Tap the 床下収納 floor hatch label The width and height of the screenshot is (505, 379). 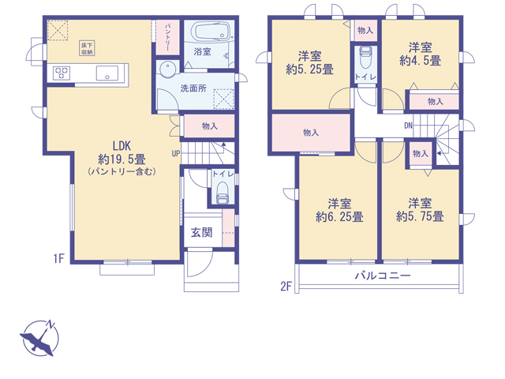[x=87, y=48]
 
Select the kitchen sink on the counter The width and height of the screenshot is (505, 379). [x=107, y=73]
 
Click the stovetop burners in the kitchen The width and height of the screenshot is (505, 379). [x=62, y=73]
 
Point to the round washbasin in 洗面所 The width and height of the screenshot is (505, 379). [x=167, y=69]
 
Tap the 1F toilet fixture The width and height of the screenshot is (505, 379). [x=223, y=193]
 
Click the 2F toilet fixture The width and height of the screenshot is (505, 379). [x=365, y=58]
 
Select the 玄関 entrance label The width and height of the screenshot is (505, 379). [x=202, y=232]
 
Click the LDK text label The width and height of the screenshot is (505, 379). [x=122, y=146]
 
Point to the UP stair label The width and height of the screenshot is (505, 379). [x=176, y=154]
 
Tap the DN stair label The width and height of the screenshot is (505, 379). [x=408, y=126]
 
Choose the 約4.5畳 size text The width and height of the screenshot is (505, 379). [x=421, y=61]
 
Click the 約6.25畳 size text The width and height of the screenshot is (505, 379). [x=339, y=217]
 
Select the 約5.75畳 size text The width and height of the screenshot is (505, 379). [x=420, y=216]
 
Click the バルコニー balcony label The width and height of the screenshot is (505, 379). [x=383, y=276]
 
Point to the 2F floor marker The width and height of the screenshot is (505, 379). [x=286, y=286]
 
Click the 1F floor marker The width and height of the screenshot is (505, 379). [x=59, y=258]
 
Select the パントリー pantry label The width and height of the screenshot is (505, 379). [x=167, y=37]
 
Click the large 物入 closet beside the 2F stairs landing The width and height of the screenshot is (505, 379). [x=311, y=133]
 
